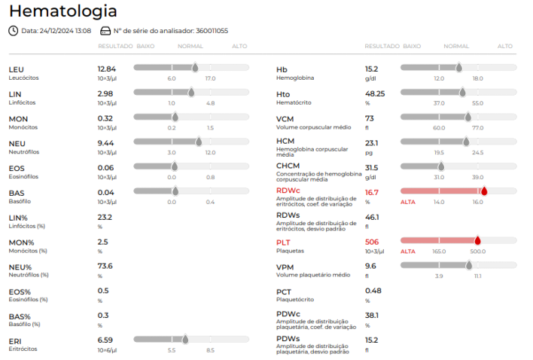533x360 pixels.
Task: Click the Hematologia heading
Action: pyautogui.click(x=63, y=11)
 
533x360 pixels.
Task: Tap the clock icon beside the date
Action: pyautogui.click(x=14, y=31)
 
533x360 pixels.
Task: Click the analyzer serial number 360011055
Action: pyautogui.click(x=212, y=31)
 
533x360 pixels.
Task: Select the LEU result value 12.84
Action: pyautogui.click(x=107, y=69)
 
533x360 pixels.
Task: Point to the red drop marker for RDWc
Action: pyautogui.click(x=484, y=191)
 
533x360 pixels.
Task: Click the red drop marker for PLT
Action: pyautogui.click(x=477, y=240)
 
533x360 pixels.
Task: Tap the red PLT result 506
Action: pyautogui.click(x=372, y=242)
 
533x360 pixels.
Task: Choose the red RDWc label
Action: pyautogui.click(x=288, y=191)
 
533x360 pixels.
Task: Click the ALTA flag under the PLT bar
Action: pyautogui.click(x=408, y=252)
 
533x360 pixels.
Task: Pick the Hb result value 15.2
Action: pyautogui.click(x=372, y=69)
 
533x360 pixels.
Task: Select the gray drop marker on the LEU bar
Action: pyautogui.click(x=195, y=67)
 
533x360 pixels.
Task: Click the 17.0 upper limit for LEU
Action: pyautogui.click(x=210, y=78)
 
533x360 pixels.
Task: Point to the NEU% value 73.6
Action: pyautogui.click(x=105, y=266)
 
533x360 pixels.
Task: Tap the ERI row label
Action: pyautogui.click(x=15, y=341)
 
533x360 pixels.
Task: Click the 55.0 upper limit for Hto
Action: pyautogui.click(x=477, y=103)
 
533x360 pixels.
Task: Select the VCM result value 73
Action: pyautogui.click(x=370, y=119)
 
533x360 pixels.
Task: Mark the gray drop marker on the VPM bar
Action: pyautogui.click(x=469, y=265)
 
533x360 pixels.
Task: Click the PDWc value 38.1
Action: pyautogui.click(x=372, y=316)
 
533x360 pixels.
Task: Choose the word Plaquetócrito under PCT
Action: pyautogui.click(x=295, y=300)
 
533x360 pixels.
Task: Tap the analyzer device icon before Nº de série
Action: pyautogui.click(x=105, y=31)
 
